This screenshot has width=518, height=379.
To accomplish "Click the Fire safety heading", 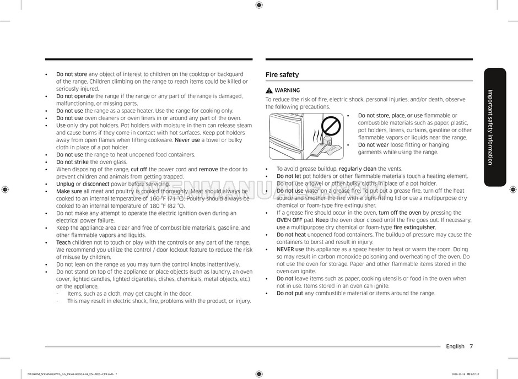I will (282, 75).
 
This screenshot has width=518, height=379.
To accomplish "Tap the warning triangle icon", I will (269, 90).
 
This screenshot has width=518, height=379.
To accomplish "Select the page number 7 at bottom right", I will (471, 346).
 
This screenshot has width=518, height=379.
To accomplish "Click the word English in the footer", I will (455, 346).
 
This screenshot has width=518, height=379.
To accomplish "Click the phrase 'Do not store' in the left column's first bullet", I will (72, 74).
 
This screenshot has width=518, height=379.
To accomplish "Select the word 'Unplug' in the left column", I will (65, 184).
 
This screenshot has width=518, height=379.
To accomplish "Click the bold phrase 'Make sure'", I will (69, 191).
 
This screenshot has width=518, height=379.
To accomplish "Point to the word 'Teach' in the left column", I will (63, 242).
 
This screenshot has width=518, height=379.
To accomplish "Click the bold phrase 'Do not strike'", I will (72, 162).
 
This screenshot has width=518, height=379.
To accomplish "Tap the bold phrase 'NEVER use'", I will (290, 250).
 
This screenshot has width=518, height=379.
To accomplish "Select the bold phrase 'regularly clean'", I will (358, 169).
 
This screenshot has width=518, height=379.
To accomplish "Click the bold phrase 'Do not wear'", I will (374, 145).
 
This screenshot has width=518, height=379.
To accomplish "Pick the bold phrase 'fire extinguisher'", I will (414, 227).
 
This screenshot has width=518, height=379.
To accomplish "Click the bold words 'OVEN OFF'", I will (289, 220).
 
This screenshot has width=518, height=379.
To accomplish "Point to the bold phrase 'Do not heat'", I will (291, 235).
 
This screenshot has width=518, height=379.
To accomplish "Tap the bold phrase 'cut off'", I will (139, 169).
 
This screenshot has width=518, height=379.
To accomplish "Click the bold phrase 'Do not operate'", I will (75, 96).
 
